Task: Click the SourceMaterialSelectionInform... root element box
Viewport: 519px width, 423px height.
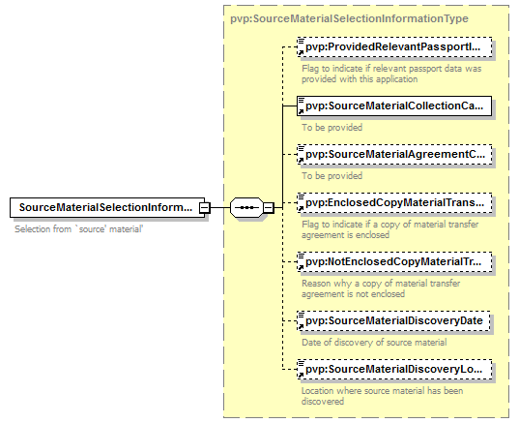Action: [x=107, y=208]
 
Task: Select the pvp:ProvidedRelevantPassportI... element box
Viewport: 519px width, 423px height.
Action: [x=394, y=47]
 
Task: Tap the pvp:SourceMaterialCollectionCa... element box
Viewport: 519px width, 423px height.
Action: [x=394, y=106]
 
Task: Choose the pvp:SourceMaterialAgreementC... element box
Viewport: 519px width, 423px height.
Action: [x=394, y=155]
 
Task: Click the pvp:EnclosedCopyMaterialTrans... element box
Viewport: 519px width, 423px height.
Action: [x=394, y=203]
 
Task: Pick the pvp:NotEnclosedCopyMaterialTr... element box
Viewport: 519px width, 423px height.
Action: [x=394, y=262]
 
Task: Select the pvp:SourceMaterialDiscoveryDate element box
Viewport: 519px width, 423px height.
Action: [x=393, y=321]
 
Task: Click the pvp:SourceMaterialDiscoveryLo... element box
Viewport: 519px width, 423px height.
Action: [x=394, y=370]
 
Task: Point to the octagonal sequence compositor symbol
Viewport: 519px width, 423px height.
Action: [x=246, y=208]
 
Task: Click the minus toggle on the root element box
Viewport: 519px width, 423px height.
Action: [x=205, y=208]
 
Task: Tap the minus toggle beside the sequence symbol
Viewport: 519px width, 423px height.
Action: [x=269, y=208]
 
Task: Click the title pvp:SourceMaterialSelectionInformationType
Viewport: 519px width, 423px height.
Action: [x=349, y=18]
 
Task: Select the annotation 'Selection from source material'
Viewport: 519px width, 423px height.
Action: [x=79, y=229]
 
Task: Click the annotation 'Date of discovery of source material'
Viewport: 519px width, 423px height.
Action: [x=374, y=342]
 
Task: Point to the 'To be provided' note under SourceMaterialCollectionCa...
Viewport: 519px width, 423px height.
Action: [x=332, y=128]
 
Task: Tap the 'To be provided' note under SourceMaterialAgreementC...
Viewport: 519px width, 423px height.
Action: [x=332, y=176]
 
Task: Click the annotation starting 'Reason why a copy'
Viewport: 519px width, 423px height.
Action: [x=381, y=288]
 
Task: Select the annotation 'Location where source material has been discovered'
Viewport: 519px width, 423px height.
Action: [x=382, y=396]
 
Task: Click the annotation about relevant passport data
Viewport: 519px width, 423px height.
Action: [x=391, y=74]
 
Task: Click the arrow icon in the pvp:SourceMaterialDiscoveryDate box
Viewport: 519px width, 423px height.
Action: [x=301, y=327]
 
